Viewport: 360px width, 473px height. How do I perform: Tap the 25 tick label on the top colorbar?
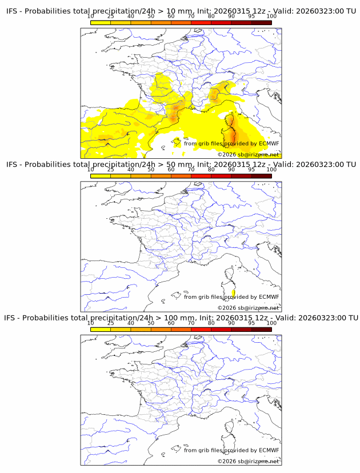[111, 17]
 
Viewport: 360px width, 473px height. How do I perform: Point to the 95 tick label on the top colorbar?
[251, 17]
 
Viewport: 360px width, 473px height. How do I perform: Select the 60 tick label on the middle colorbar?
[171, 170]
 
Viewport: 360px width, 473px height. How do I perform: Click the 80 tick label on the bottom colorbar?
[211, 323]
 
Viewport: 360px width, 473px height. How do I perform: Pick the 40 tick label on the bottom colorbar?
[131, 323]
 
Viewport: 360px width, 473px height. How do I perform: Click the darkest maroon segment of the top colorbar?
[261, 22]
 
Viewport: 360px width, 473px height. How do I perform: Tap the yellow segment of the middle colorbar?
[101, 175]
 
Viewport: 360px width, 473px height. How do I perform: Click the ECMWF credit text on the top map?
[231, 143]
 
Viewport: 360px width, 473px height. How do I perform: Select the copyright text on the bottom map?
[248, 460]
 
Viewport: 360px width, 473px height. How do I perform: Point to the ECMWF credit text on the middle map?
[231, 296]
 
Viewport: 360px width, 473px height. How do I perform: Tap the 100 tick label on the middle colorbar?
[271, 170]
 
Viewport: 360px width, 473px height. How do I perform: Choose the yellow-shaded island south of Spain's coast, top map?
[177, 141]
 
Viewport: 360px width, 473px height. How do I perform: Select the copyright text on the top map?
[248, 154]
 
